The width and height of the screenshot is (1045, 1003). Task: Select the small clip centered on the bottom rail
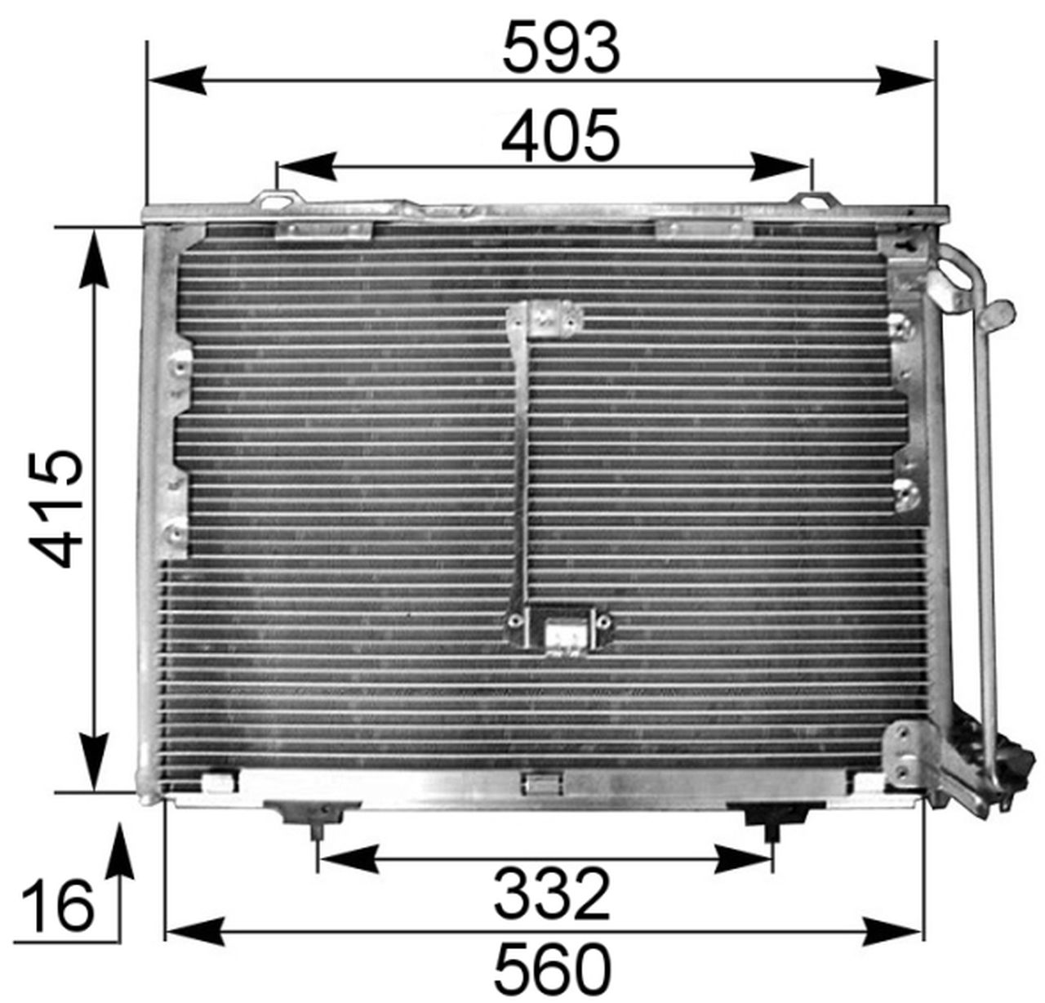[540, 784]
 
